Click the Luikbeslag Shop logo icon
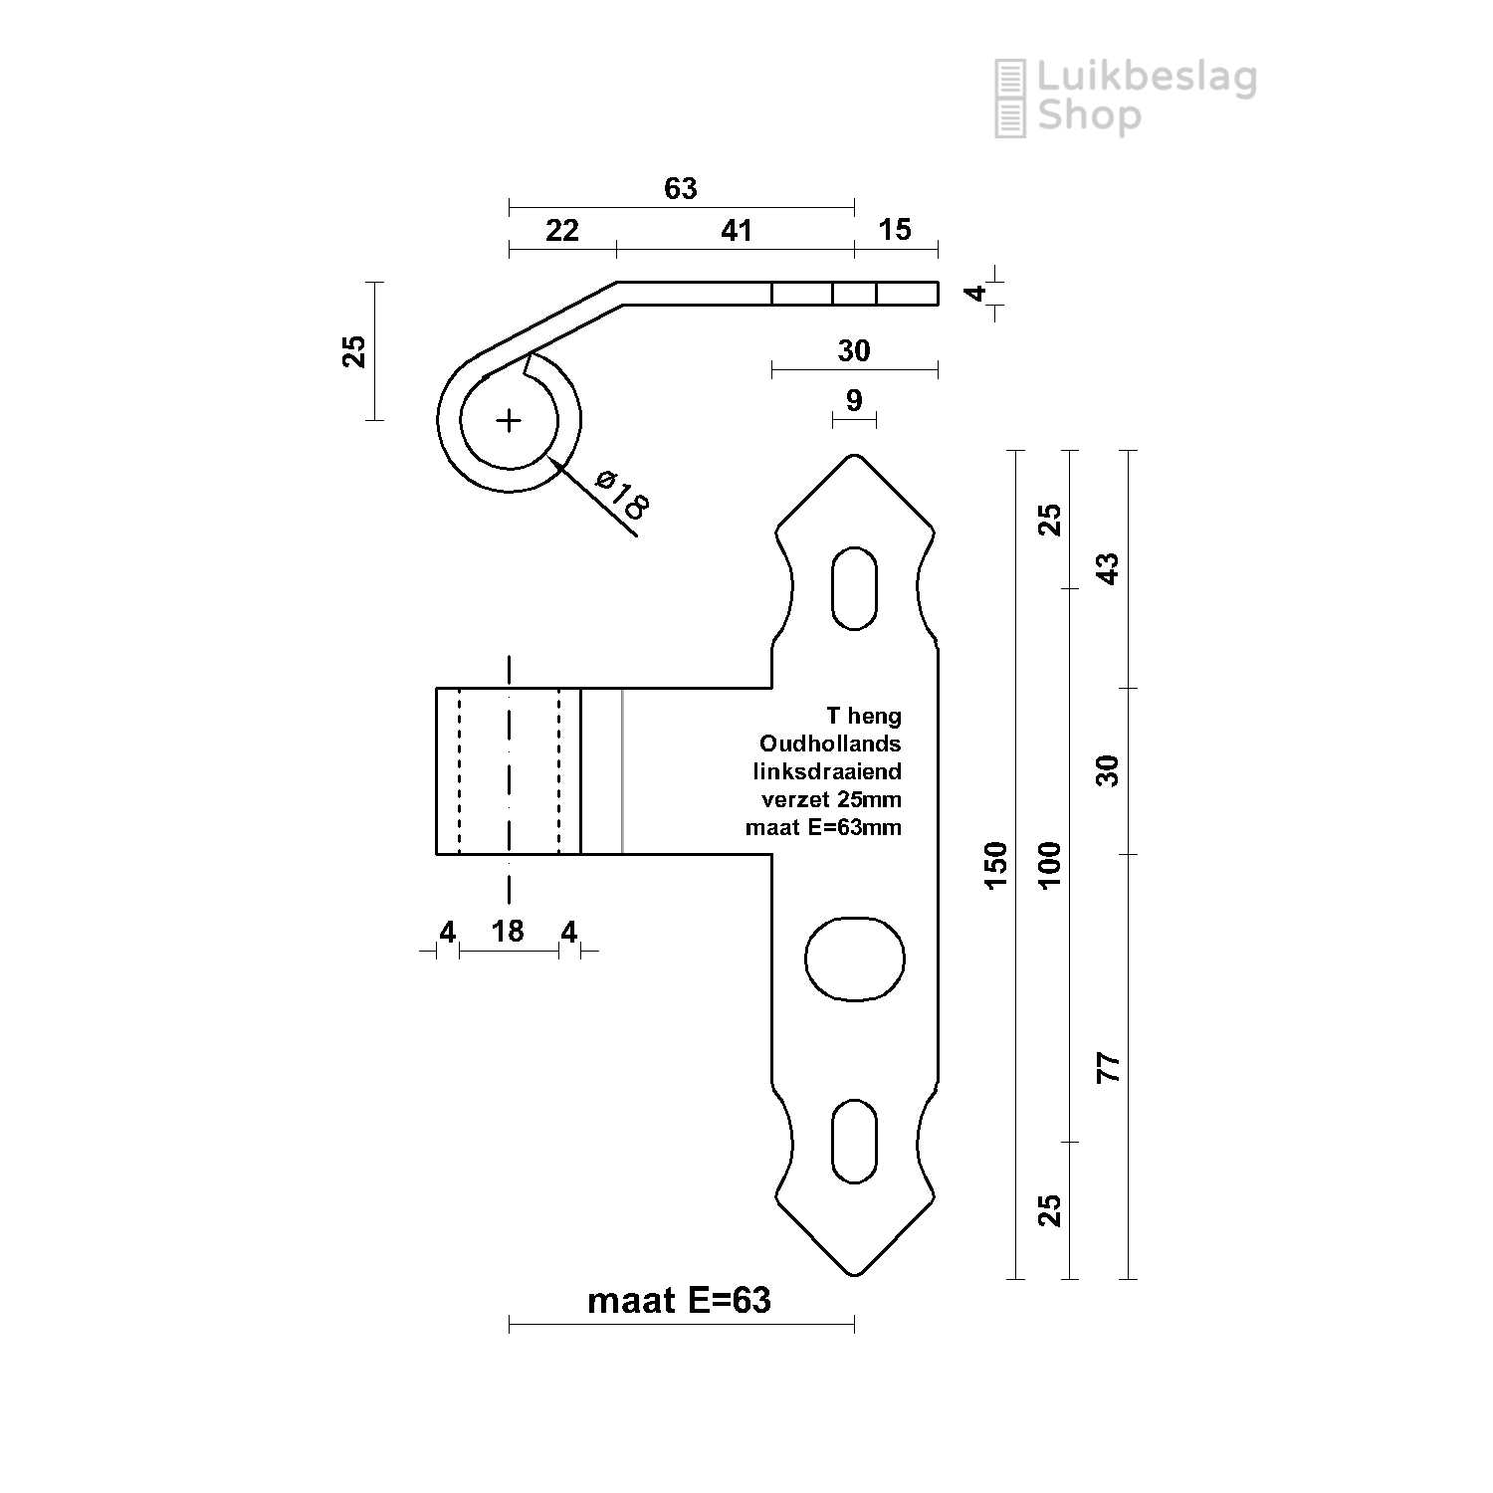click(1010, 98)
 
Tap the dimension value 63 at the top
click(681, 188)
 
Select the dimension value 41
click(737, 231)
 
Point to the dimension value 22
click(562, 231)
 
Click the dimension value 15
click(895, 230)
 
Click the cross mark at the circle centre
click(509, 421)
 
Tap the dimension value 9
click(853, 400)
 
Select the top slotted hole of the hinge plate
click(854, 588)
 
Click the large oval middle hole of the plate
click(854, 960)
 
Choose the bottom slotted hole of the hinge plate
click(854, 1141)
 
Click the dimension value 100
click(1051, 865)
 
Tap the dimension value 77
click(1108, 1067)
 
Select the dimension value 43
click(1108, 568)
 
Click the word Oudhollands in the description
click(830, 744)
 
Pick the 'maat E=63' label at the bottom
click(680, 1300)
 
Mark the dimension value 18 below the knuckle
click(508, 931)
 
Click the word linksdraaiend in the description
click(827, 771)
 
